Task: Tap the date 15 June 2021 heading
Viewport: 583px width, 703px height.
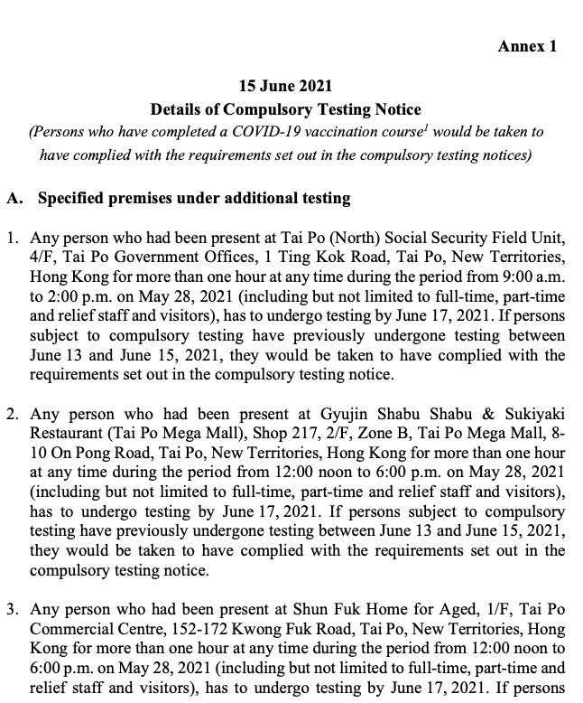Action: [x=285, y=87]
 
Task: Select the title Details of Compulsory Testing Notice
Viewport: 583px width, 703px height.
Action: [x=285, y=109]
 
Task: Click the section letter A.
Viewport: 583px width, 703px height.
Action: [x=14, y=198]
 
